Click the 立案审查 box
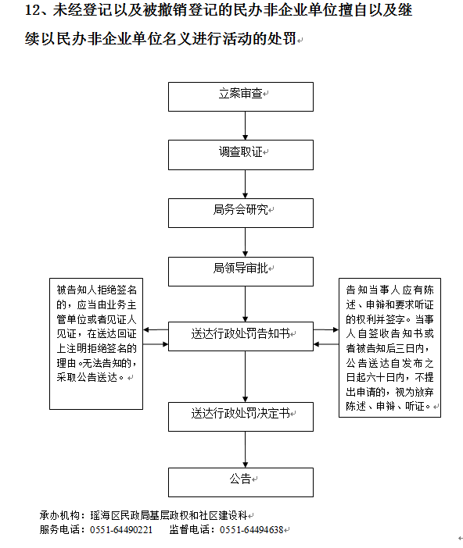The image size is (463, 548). click(x=241, y=97)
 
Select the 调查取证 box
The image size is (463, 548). click(x=241, y=155)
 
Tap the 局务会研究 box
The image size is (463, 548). click(x=241, y=213)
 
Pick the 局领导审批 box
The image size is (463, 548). click(x=241, y=272)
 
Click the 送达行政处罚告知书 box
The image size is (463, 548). click(x=241, y=336)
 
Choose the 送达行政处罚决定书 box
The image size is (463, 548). click(x=241, y=417)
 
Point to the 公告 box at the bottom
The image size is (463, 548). click(x=241, y=482)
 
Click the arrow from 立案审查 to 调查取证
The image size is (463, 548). click(x=245, y=126)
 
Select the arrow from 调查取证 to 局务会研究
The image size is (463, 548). click(x=245, y=184)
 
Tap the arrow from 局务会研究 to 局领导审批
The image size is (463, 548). click(x=245, y=243)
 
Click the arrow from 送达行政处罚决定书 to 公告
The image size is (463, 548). click(x=245, y=450)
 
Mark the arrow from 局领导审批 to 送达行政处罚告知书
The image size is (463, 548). click(x=245, y=304)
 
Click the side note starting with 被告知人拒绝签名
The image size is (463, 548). click(x=96, y=344)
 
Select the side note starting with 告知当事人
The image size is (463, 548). click(x=389, y=347)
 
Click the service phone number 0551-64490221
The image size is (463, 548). click(x=121, y=530)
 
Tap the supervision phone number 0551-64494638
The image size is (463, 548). click(x=251, y=530)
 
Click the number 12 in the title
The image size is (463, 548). click(x=33, y=10)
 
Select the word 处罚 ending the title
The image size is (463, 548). click(x=282, y=38)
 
